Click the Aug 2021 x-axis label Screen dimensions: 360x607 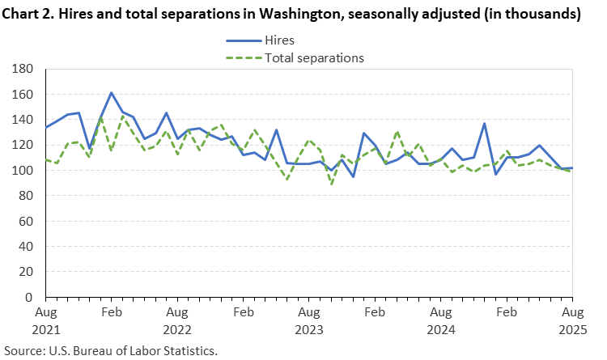tap(45, 320)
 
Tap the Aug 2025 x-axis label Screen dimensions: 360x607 tap(572, 320)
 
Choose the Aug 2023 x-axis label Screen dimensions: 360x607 tap(308, 320)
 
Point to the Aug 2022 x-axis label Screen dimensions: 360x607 tap(176, 320)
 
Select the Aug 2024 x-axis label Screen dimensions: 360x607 tap(440, 320)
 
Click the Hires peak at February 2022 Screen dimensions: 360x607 tap(111, 93)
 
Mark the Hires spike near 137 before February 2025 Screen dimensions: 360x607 tap(484, 124)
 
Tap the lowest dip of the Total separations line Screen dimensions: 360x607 tap(330, 184)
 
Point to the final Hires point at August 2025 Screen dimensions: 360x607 tap(572, 168)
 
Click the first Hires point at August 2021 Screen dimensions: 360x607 tap(45, 127)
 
